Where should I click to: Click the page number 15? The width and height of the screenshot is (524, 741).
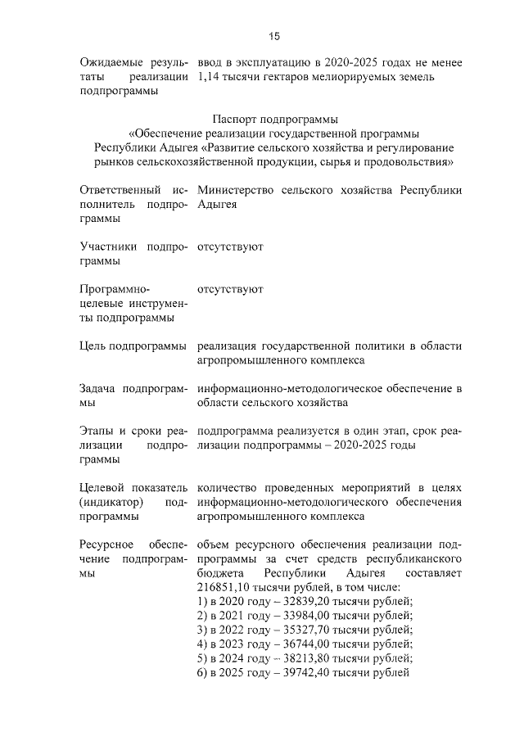274,35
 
